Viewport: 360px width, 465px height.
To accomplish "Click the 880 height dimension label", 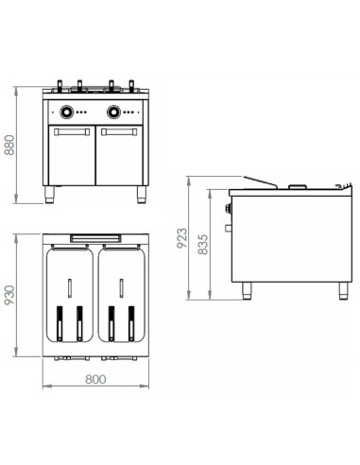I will (x=10, y=145).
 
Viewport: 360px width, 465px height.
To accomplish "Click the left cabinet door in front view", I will (x=71, y=159).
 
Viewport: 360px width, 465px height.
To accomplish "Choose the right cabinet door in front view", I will (x=121, y=159).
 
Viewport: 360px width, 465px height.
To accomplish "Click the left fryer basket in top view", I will (x=71, y=293).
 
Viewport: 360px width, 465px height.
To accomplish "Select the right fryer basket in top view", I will (x=120, y=293).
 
